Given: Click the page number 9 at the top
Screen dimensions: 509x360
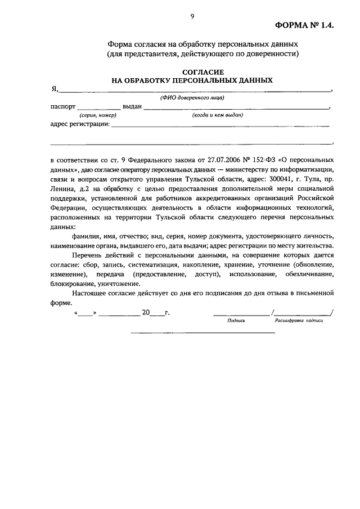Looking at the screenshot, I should [192, 17].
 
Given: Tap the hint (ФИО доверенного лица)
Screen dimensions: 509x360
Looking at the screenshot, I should [192, 97].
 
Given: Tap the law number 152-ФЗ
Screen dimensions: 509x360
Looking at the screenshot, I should [251, 160].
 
